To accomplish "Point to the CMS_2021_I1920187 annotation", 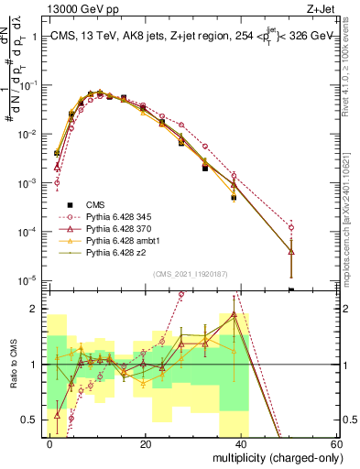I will [191, 273].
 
